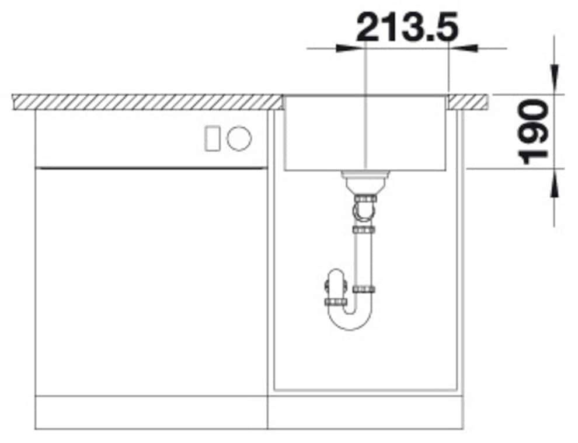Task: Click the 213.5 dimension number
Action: (408, 26)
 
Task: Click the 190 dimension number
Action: (533, 132)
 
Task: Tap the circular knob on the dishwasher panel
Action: (239, 138)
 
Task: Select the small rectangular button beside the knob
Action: (213, 138)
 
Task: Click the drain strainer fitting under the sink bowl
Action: (364, 182)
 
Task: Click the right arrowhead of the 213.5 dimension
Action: (463, 48)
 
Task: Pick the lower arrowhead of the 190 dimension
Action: (555, 183)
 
